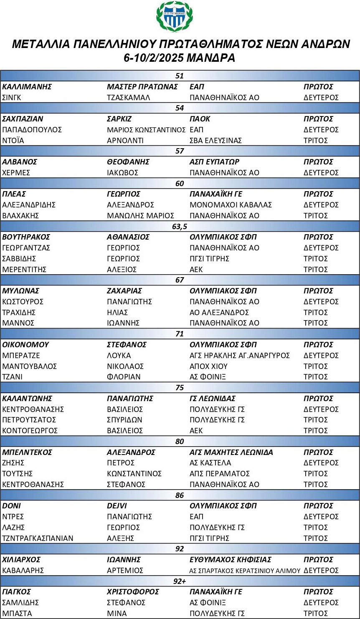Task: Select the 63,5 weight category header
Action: pos(180,226)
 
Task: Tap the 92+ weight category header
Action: pos(180,581)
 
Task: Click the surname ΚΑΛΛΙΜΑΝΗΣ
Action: pos(27,87)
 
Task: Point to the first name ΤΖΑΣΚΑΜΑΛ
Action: pos(128,98)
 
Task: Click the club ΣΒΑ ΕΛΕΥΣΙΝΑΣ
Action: pos(215,141)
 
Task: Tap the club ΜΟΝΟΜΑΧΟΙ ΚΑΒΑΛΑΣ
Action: pos(231,205)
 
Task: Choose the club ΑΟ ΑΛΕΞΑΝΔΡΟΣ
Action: pos(219,312)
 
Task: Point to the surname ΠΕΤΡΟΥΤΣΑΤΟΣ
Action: pos(29,420)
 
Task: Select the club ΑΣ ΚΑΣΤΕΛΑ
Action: pos(210,463)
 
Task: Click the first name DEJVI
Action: pos(117,506)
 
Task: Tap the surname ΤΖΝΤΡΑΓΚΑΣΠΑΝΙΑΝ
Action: pos(38,538)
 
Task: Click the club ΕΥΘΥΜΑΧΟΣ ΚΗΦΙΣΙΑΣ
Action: pos(231,560)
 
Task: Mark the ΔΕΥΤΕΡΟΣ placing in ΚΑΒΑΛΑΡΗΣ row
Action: pos(321,571)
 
